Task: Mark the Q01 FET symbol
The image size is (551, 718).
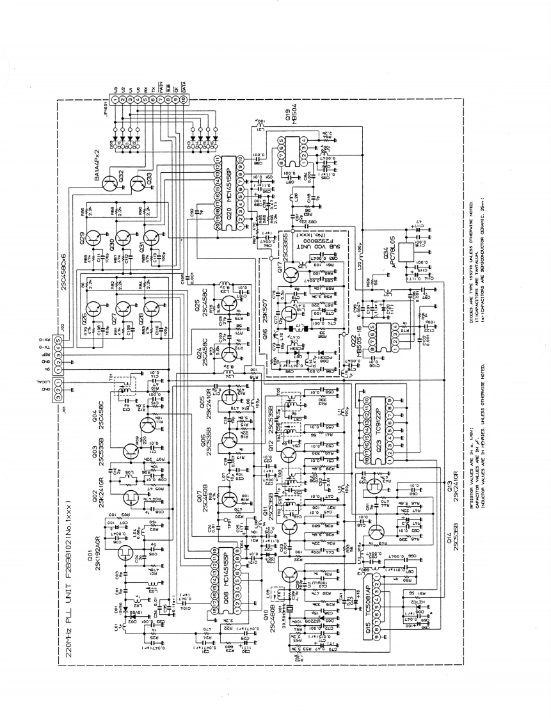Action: [124, 552]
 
